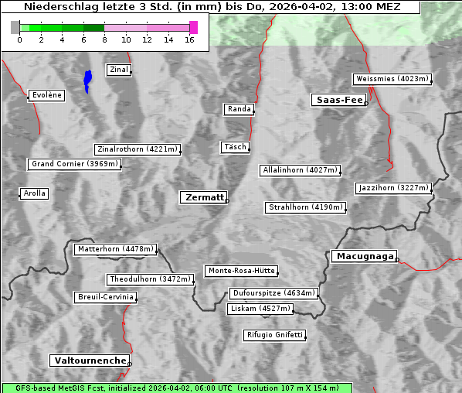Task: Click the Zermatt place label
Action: pyautogui.click(x=203, y=198)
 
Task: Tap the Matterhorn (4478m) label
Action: pyautogui.click(x=115, y=249)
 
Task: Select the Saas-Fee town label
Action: pyautogui.click(x=338, y=100)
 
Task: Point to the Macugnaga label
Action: pyautogui.click(x=363, y=257)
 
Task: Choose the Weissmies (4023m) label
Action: pyautogui.click(x=391, y=79)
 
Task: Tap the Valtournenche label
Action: pyautogui.click(x=90, y=361)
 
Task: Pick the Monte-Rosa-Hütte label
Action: pyautogui.click(x=241, y=271)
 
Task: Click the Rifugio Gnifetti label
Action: pyautogui.click(x=274, y=335)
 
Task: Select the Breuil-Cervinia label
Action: pyautogui.click(x=106, y=297)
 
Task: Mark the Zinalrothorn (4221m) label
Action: pyautogui.click(x=137, y=149)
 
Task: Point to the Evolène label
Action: pyautogui.click(x=46, y=96)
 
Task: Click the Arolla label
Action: pyautogui.click(x=34, y=193)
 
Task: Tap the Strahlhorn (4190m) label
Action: pyautogui.click(x=305, y=207)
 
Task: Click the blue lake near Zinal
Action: pyautogui.click(x=87, y=80)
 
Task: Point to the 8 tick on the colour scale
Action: pyautogui.click(x=104, y=39)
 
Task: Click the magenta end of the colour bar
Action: pyautogui.click(x=193, y=28)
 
